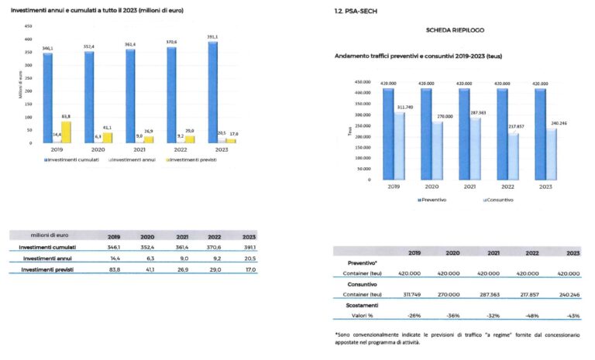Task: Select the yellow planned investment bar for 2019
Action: point(67,132)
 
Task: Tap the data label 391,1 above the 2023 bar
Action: point(212,37)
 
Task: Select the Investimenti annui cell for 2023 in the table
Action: point(250,258)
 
